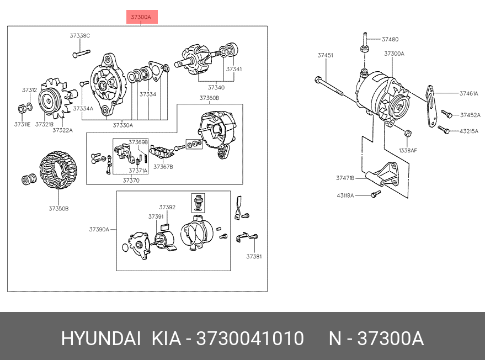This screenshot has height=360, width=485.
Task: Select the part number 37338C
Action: pyautogui.click(x=79, y=36)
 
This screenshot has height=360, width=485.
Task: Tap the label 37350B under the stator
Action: pyautogui.click(x=58, y=209)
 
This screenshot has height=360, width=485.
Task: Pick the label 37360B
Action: pyautogui.click(x=209, y=98)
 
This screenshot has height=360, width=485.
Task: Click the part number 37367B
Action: pyautogui.click(x=163, y=166)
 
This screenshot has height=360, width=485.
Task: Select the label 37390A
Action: pyautogui.click(x=99, y=229)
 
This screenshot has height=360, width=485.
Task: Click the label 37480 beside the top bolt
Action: pyautogui.click(x=390, y=39)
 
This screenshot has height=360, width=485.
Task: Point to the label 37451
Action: pyautogui.click(x=325, y=55)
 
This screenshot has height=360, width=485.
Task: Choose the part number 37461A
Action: pyautogui.click(x=469, y=94)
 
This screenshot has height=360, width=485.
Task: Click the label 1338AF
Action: pyautogui.click(x=408, y=150)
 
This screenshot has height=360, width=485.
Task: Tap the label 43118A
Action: pyautogui.click(x=345, y=195)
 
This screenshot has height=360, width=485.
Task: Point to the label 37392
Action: pyautogui.click(x=167, y=208)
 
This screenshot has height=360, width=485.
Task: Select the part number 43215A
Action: pyautogui.click(x=469, y=131)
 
